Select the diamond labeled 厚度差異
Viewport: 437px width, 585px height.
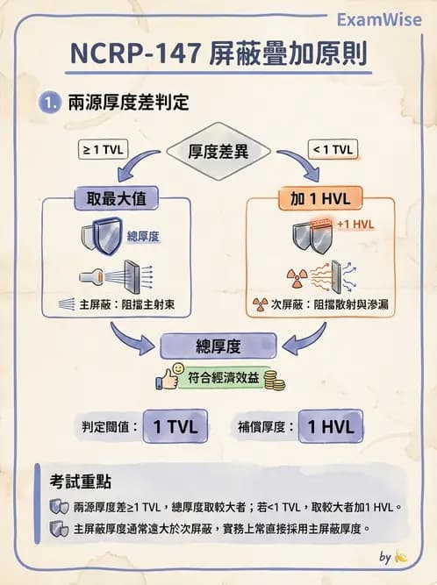(x=218, y=151)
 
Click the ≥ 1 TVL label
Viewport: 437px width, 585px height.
(x=103, y=149)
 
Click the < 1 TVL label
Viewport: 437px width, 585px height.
(x=333, y=149)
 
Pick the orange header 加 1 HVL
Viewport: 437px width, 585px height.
(x=319, y=198)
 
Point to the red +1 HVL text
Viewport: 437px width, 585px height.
(x=355, y=224)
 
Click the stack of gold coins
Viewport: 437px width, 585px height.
(x=275, y=382)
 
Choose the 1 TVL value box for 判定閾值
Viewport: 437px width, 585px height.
(x=175, y=427)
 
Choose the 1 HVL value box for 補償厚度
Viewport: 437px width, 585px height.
(x=331, y=427)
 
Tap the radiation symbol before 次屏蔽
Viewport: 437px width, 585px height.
(x=260, y=304)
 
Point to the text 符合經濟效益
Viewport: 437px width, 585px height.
(x=224, y=379)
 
